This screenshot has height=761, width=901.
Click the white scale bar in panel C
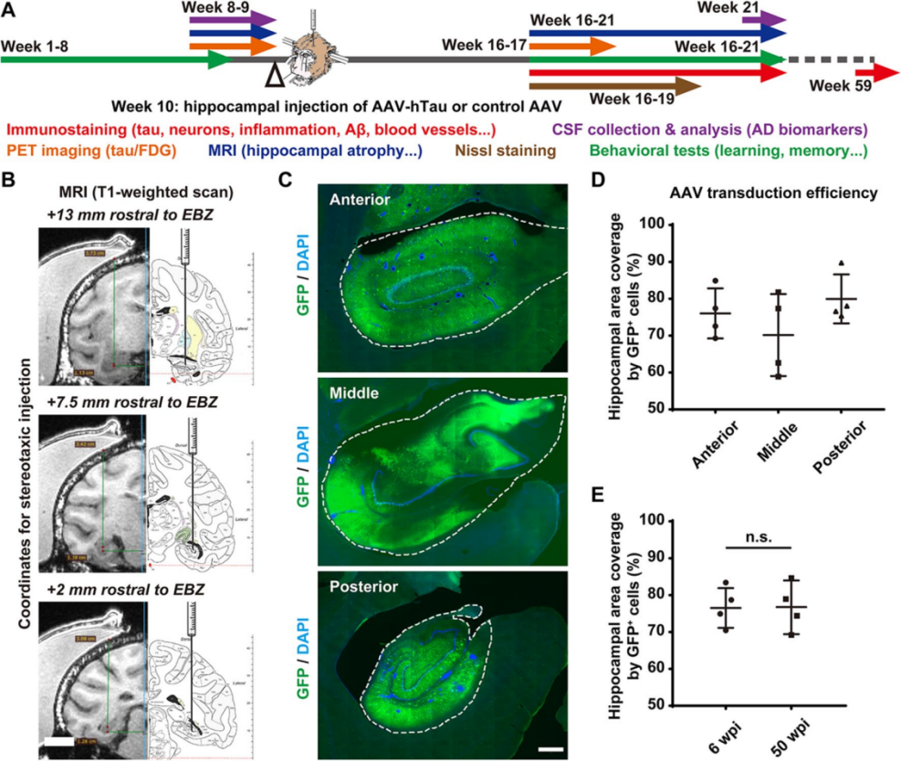tap(550, 749)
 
